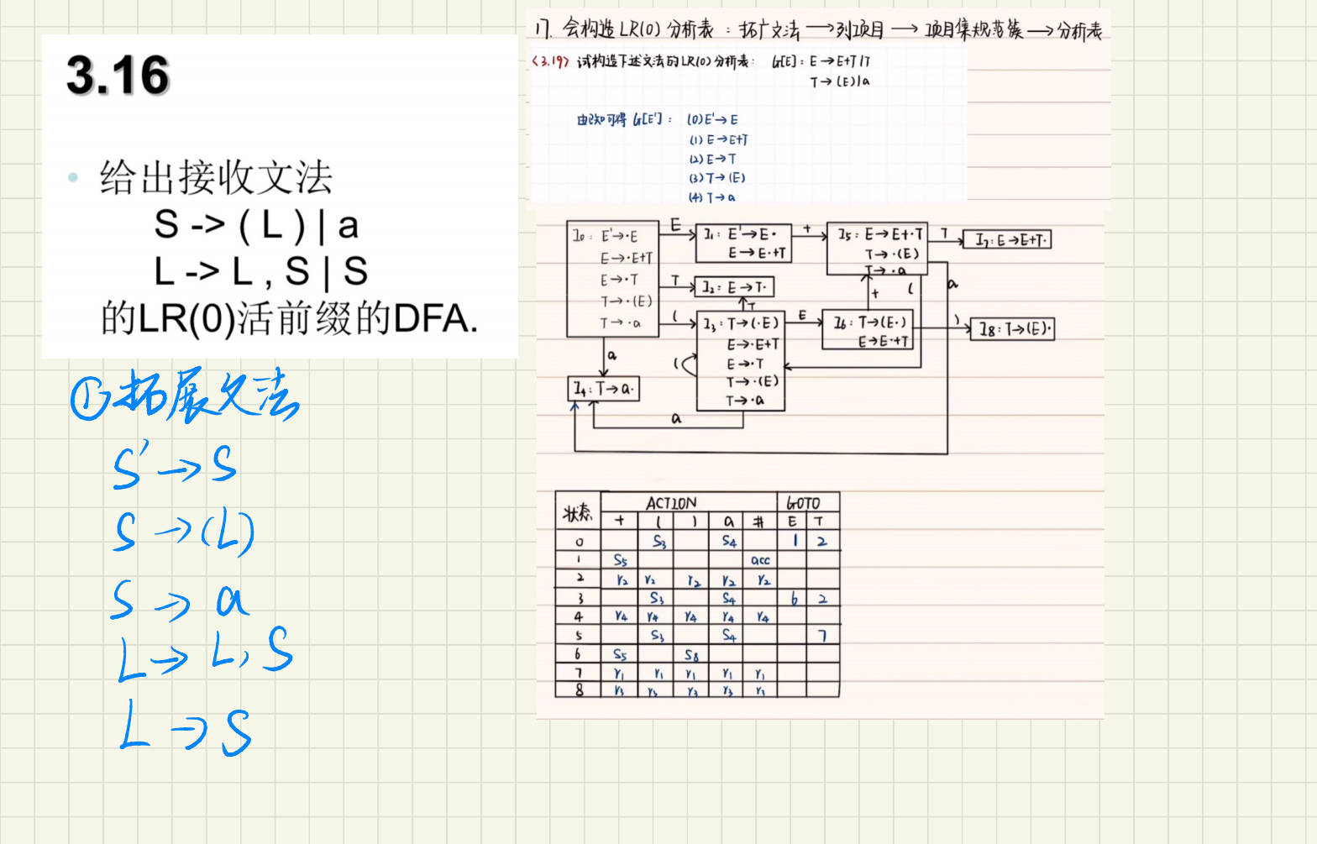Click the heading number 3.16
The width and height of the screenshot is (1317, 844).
[118, 75]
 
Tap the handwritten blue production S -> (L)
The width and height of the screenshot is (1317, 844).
[183, 532]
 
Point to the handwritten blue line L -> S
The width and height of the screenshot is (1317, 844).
[185, 728]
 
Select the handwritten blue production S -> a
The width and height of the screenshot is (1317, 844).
[178, 601]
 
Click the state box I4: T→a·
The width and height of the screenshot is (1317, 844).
[604, 389]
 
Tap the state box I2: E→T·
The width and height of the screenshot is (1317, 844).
[734, 287]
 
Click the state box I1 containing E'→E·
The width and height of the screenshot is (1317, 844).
[745, 243]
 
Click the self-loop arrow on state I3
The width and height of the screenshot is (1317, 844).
[687, 364]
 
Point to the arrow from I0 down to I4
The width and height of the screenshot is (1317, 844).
[603, 356]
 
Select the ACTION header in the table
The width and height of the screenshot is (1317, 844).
[670, 503]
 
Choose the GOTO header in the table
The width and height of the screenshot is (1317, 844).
[803, 503]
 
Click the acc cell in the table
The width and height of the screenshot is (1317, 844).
[760, 560]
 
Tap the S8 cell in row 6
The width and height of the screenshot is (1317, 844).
[691, 655]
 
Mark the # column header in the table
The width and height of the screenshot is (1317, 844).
[758, 522]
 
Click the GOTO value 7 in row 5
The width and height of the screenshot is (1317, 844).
[822, 636]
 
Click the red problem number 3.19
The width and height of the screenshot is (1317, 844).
[550, 61]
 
